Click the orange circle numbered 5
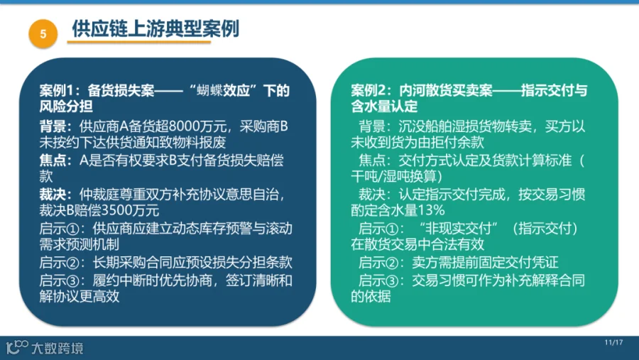click(43, 33)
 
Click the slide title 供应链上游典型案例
click(155, 28)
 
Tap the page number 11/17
click(613, 342)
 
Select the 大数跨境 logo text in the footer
click(58, 348)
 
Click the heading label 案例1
click(59, 90)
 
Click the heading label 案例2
click(371, 90)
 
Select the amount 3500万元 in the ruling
click(130, 210)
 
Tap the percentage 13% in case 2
click(432, 210)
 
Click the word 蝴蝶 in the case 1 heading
click(209, 90)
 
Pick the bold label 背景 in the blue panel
click(53, 126)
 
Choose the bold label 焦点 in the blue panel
click(53, 160)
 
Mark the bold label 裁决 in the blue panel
click(53, 195)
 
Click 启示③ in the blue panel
click(59, 280)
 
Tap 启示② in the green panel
click(378, 263)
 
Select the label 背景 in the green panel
click(371, 126)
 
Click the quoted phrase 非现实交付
click(459, 229)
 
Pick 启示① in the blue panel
click(59, 229)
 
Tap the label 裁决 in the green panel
click(371, 195)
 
